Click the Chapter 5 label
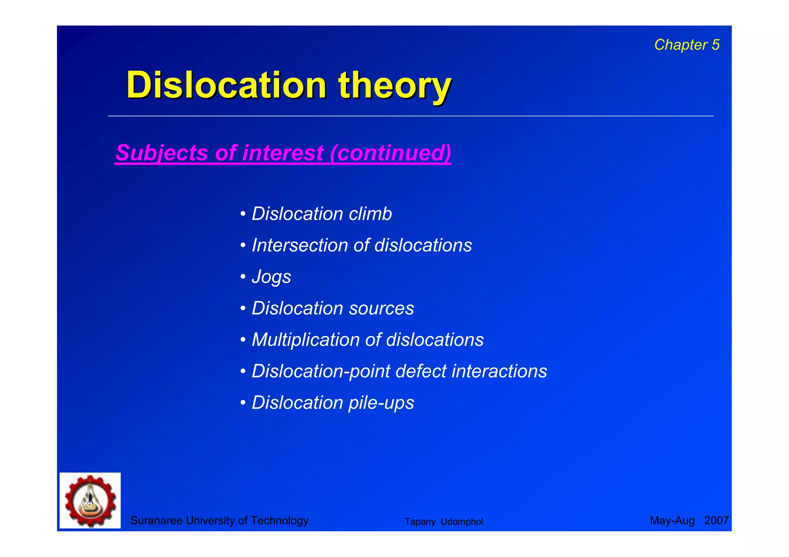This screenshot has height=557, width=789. (687, 45)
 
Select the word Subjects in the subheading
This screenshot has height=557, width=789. (162, 153)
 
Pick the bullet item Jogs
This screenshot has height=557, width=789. (271, 277)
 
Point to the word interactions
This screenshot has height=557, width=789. (499, 371)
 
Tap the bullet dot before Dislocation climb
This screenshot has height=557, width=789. (243, 214)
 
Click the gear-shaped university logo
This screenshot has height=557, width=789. (90, 500)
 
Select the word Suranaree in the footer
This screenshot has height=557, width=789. (156, 520)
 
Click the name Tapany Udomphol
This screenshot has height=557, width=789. (443, 522)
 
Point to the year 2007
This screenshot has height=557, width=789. (716, 520)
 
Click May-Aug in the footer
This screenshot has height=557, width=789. (672, 520)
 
